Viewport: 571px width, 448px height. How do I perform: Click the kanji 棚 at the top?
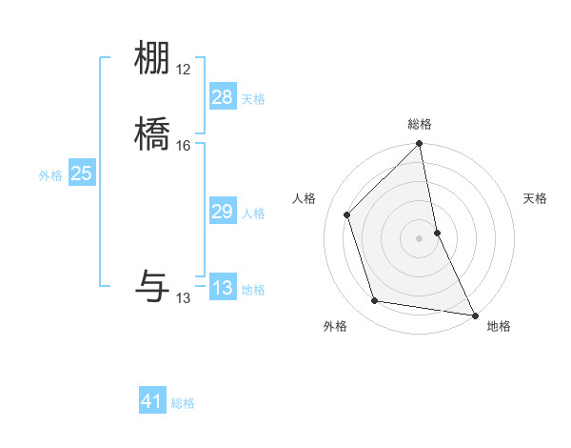tap(152, 59)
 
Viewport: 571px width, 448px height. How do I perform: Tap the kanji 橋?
tap(152, 135)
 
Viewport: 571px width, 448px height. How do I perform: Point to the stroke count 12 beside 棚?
tap(184, 70)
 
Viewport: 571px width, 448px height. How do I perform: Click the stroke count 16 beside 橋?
tap(184, 146)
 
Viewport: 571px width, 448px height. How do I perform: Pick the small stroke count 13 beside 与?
tap(184, 298)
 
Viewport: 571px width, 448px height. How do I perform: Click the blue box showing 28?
tap(222, 97)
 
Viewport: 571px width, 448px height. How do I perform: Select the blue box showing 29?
tap(222, 212)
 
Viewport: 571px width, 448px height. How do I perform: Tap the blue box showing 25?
tap(81, 173)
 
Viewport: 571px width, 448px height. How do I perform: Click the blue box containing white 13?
tap(222, 288)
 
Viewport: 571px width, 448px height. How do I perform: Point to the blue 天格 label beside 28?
tap(253, 99)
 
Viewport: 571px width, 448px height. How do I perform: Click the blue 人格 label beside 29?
tap(253, 214)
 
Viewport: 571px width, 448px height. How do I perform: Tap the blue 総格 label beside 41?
tap(183, 403)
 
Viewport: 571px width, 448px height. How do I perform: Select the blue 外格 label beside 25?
tap(50, 175)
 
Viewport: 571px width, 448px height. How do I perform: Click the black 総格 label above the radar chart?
tap(419, 125)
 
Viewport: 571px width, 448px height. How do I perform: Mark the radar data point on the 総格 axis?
tap(419, 145)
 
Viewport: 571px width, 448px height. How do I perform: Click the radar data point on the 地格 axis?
tap(475, 314)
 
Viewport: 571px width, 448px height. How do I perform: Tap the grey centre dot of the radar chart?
tap(419, 237)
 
